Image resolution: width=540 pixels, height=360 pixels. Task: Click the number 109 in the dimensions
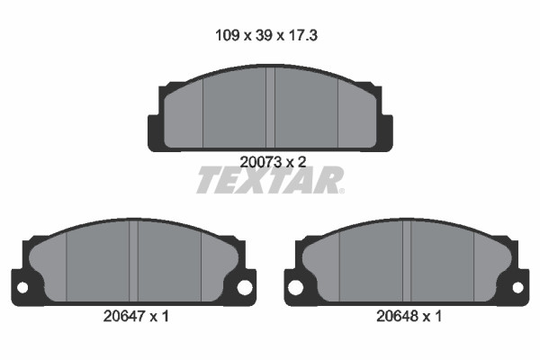(x=228, y=35)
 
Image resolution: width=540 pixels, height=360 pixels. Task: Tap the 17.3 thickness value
(x=302, y=35)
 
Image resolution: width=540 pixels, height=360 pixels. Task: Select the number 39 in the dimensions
(x=264, y=35)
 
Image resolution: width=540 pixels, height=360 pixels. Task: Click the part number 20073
(x=261, y=162)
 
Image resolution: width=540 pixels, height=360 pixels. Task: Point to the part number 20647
(x=124, y=316)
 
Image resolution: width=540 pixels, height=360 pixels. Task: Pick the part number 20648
(x=398, y=316)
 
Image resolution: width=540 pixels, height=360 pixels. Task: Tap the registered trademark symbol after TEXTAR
(x=341, y=191)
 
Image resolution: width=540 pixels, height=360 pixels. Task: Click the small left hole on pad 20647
(x=22, y=288)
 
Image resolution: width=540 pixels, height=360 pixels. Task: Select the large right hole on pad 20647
(x=245, y=288)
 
